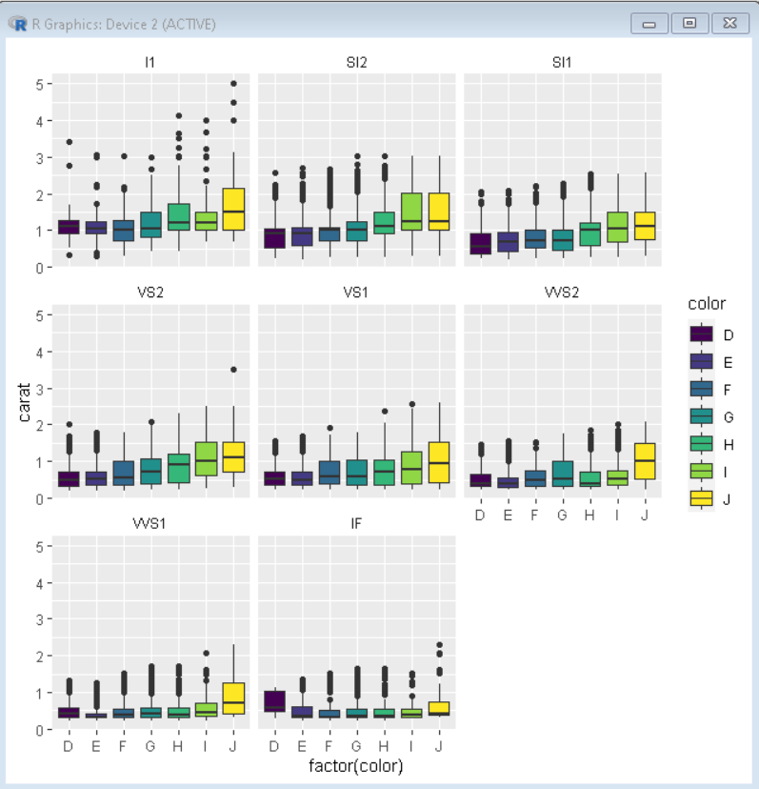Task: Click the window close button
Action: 730,24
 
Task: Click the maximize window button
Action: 689,24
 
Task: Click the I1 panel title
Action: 150,63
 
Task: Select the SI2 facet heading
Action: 357,63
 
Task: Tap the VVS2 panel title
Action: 562,293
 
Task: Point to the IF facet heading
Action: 357,524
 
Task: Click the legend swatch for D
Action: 702,334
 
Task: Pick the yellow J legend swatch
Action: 702,497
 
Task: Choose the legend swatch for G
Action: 702,415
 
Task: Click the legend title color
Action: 707,304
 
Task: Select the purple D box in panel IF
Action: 274,701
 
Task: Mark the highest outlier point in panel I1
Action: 233,84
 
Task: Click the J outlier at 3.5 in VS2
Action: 233,370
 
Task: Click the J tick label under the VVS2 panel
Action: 645,516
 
